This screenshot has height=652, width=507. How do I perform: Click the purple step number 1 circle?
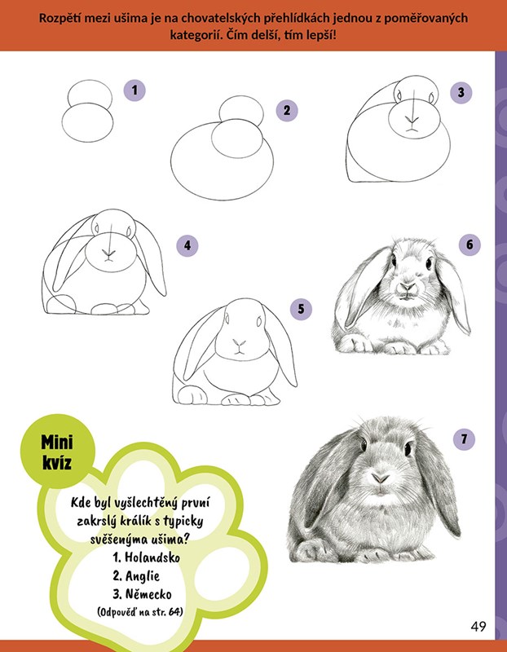click(x=134, y=90)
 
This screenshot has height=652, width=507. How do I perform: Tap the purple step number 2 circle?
click(x=287, y=110)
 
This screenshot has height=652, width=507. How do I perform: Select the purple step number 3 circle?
click(x=461, y=92)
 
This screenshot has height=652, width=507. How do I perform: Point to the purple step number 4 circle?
click(x=187, y=246)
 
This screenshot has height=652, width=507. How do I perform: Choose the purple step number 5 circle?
click(x=301, y=309)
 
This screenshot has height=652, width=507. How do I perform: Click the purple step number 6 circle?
click(x=470, y=244)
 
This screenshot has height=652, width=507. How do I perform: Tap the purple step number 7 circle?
click(x=464, y=438)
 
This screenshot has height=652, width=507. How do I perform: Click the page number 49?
click(x=478, y=626)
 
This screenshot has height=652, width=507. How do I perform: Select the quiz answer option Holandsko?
click(x=147, y=557)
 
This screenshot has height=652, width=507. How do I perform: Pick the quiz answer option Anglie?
click(x=136, y=576)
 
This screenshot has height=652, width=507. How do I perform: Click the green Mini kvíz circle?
click(x=57, y=452)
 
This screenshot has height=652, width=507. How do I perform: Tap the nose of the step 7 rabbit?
click(x=380, y=478)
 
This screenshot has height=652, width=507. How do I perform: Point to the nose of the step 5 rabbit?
click(x=239, y=343)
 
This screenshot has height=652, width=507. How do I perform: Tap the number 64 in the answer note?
click(x=174, y=612)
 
